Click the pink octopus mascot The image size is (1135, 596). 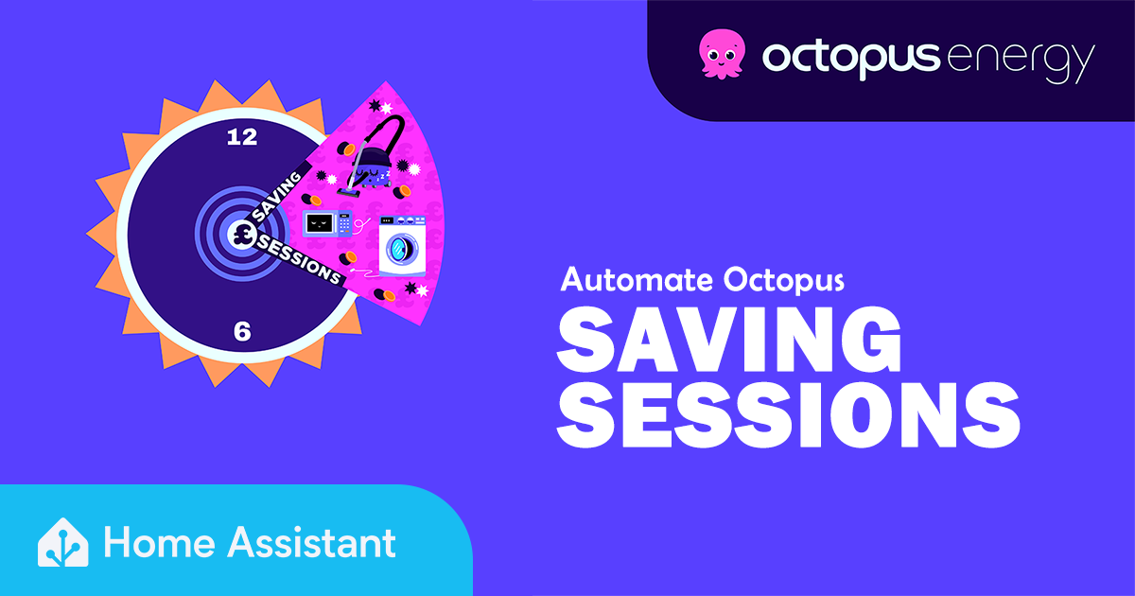coord(722,54)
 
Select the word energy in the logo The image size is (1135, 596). coord(1020,61)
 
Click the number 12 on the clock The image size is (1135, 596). coord(242,137)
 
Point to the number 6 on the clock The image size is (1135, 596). coord(242,331)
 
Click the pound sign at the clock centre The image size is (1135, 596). coord(242,235)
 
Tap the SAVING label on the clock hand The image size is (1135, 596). coord(276,196)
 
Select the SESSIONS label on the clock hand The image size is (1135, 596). coord(300,259)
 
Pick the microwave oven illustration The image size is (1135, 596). coord(327,223)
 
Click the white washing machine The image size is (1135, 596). coord(403,246)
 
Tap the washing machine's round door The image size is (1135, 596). coord(402,248)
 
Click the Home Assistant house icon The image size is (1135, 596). coord(63,542)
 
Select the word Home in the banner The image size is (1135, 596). coord(160,543)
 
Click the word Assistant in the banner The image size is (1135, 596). coord(311,542)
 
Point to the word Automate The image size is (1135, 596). coord(638,280)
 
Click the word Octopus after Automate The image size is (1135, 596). coord(784,282)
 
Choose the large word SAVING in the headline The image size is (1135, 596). coord(729,341)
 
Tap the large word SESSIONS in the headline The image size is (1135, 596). coord(789,415)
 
